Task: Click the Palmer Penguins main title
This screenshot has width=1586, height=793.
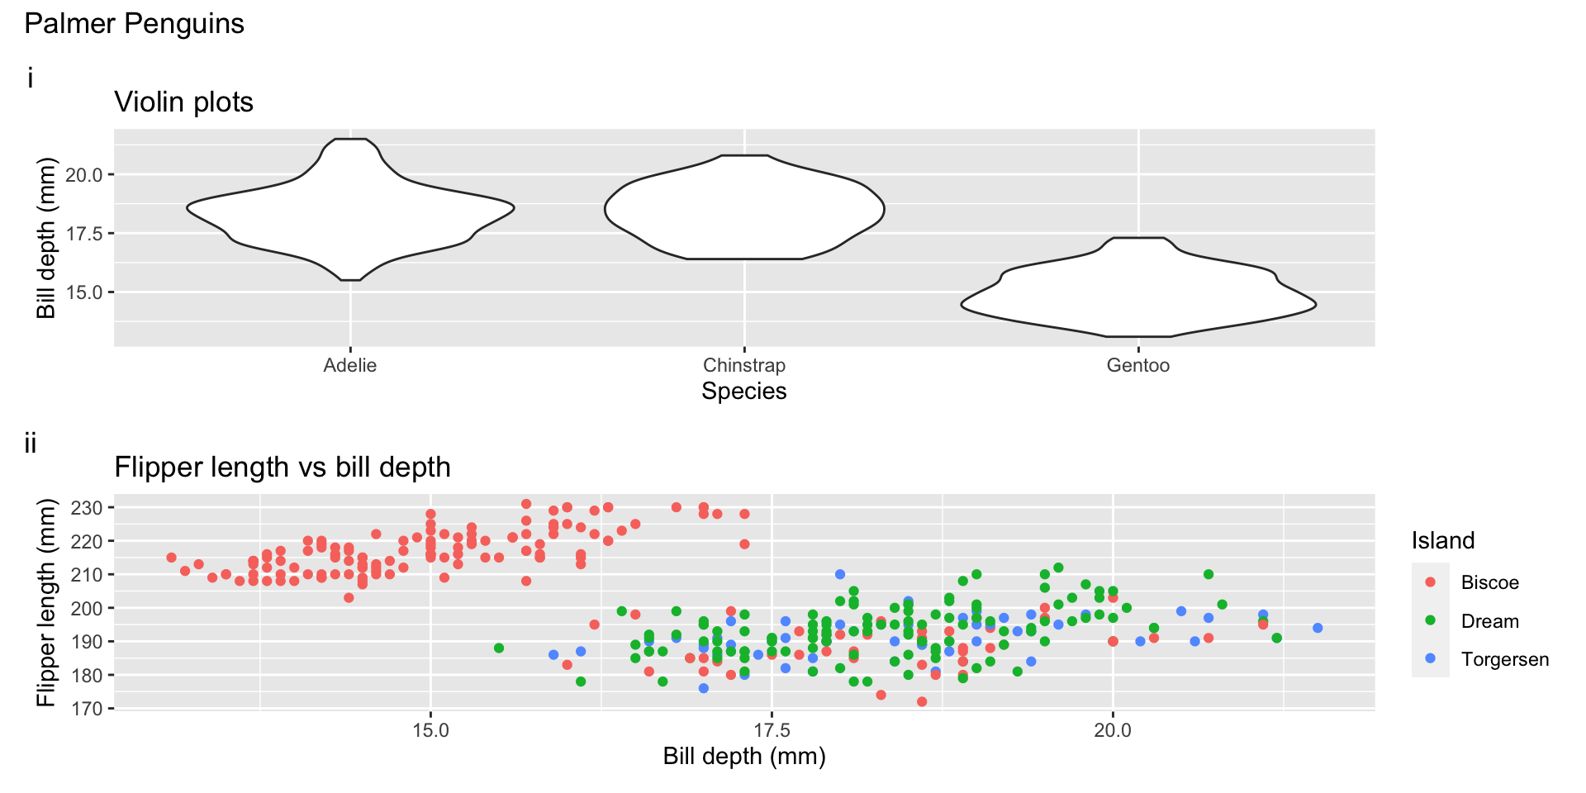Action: pos(134,24)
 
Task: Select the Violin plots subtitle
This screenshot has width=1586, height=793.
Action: pos(183,102)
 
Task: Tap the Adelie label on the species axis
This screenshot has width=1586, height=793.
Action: pos(349,366)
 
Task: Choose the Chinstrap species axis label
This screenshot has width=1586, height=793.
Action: pos(743,366)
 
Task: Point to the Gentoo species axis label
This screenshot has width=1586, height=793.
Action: pos(1137,366)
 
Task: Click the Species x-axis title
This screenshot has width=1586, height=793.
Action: pos(743,392)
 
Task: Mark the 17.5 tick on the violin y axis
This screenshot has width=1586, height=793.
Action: pos(83,234)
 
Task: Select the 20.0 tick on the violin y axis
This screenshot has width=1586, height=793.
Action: pos(83,175)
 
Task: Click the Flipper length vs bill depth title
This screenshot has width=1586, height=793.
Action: pos(283,468)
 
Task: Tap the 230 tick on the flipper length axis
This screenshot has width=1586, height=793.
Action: pos(86,508)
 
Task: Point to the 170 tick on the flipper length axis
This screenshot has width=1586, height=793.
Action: pos(86,709)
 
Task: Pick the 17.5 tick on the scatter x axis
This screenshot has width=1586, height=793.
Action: pos(772,730)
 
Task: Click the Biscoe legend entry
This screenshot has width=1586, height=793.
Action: pos(1489,582)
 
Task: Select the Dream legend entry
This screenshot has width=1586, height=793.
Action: pos(1489,621)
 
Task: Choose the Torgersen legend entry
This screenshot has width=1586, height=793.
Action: pos(1504,659)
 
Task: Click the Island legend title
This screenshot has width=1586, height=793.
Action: pos(1442,541)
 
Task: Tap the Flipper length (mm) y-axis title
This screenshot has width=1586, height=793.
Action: pos(46,602)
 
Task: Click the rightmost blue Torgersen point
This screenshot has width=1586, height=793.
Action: pos(1318,628)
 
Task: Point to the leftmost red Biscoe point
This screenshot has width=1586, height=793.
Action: pos(171,558)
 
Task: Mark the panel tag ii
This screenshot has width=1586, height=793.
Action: pos(31,444)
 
